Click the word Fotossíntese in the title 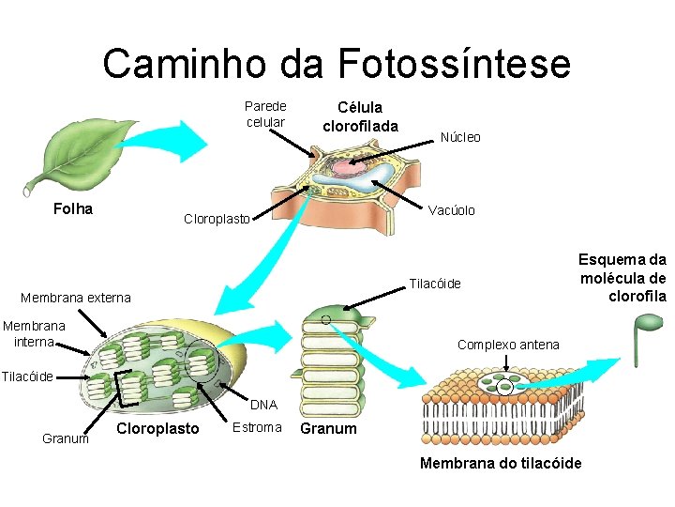pyautogui.click(x=454, y=64)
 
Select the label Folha pyautogui.click(x=73, y=208)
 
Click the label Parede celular pyautogui.click(x=265, y=114)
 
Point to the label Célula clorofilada pyautogui.click(x=360, y=117)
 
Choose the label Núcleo pyautogui.click(x=460, y=137)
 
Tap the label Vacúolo pyautogui.click(x=452, y=210)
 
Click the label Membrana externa pyautogui.click(x=76, y=298)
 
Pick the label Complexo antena pyautogui.click(x=508, y=345)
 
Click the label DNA pyautogui.click(x=263, y=405)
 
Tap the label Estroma pyautogui.click(x=256, y=427)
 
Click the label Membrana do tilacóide pyautogui.click(x=501, y=463)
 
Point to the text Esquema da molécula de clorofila pyautogui.click(x=622, y=278)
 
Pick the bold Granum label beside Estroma pyautogui.click(x=328, y=428)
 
